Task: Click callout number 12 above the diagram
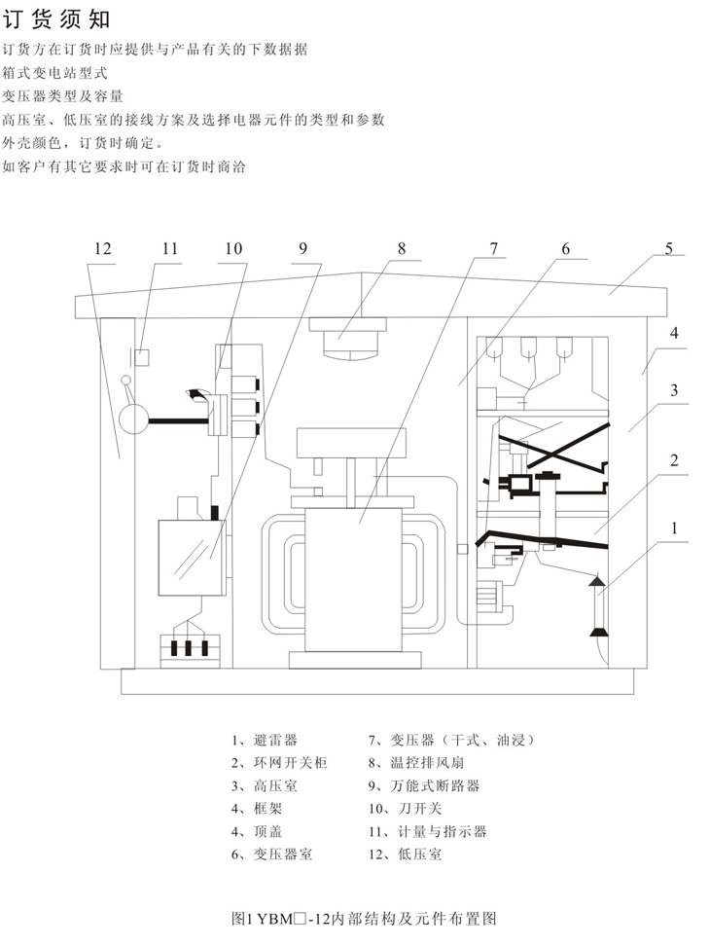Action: point(104,249)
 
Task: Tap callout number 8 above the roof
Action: point(401,248)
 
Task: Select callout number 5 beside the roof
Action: point(669,248)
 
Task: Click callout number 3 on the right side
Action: point(672,391)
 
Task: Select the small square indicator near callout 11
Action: point(140,356)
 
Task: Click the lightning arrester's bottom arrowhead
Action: point(595,631)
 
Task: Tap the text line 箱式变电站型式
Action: point(54,73)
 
